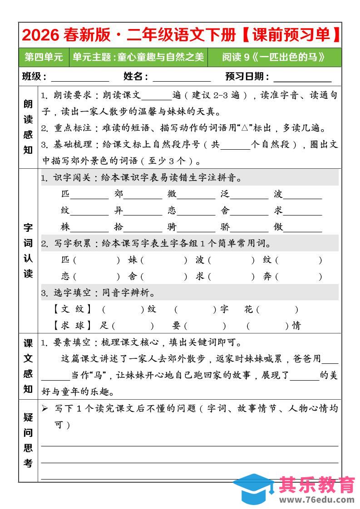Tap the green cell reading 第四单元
[44, 57]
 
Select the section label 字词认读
[28, 250]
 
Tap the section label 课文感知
[28, 366]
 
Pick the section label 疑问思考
[28, 440]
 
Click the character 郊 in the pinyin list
[119, 194]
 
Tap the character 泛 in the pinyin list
[225, 194]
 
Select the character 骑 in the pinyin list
[172, 227]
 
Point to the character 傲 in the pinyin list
[278, 227]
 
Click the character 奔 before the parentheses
[267, 276]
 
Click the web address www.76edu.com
[316, 499]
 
